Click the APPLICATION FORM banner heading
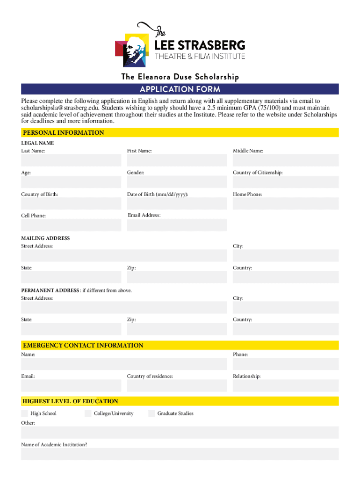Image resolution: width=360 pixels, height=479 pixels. tap(180, 89)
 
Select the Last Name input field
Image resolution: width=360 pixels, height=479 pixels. tap(71, 160)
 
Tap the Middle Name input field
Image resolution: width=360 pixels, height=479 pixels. tap(286, 160)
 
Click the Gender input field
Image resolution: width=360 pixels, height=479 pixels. tap(177, 182)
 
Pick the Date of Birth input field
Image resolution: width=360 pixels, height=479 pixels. tap(177, 203)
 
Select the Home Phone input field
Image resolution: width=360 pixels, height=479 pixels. tap(286, 203)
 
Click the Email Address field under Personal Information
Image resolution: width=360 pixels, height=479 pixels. tap(177, 225)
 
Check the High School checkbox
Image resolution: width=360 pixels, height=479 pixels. tap(24, 414)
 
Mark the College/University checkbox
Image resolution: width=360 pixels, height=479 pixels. tap(88, 414)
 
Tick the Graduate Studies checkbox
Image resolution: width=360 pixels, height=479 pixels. tap(151, 414)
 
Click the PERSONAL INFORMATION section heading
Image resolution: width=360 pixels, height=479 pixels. tap(64, 133)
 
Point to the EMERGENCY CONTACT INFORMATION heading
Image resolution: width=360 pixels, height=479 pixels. tap(83, 346)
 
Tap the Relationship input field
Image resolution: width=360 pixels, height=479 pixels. tap(286, 385)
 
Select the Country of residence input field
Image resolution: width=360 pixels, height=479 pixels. tap(177, 385)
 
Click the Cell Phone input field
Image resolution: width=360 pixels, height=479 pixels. tap(71, 225)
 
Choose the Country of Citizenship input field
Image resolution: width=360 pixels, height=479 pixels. tap(286, 182)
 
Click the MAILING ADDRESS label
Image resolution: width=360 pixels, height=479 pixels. tap(45, 238)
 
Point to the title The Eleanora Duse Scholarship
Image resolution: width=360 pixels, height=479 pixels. tap(180, 77)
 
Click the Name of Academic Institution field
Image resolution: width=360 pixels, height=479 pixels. tap(180, 454)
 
